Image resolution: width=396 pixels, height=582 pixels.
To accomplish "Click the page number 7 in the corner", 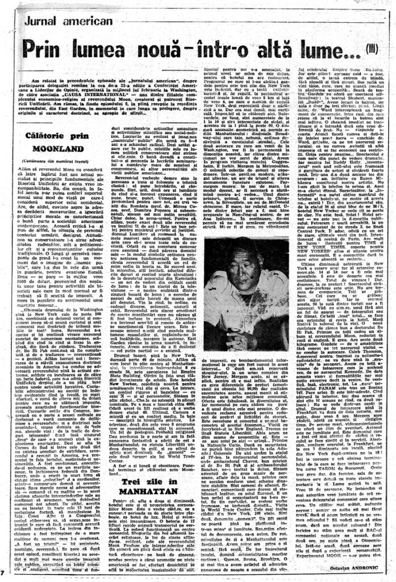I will click(3, 569).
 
